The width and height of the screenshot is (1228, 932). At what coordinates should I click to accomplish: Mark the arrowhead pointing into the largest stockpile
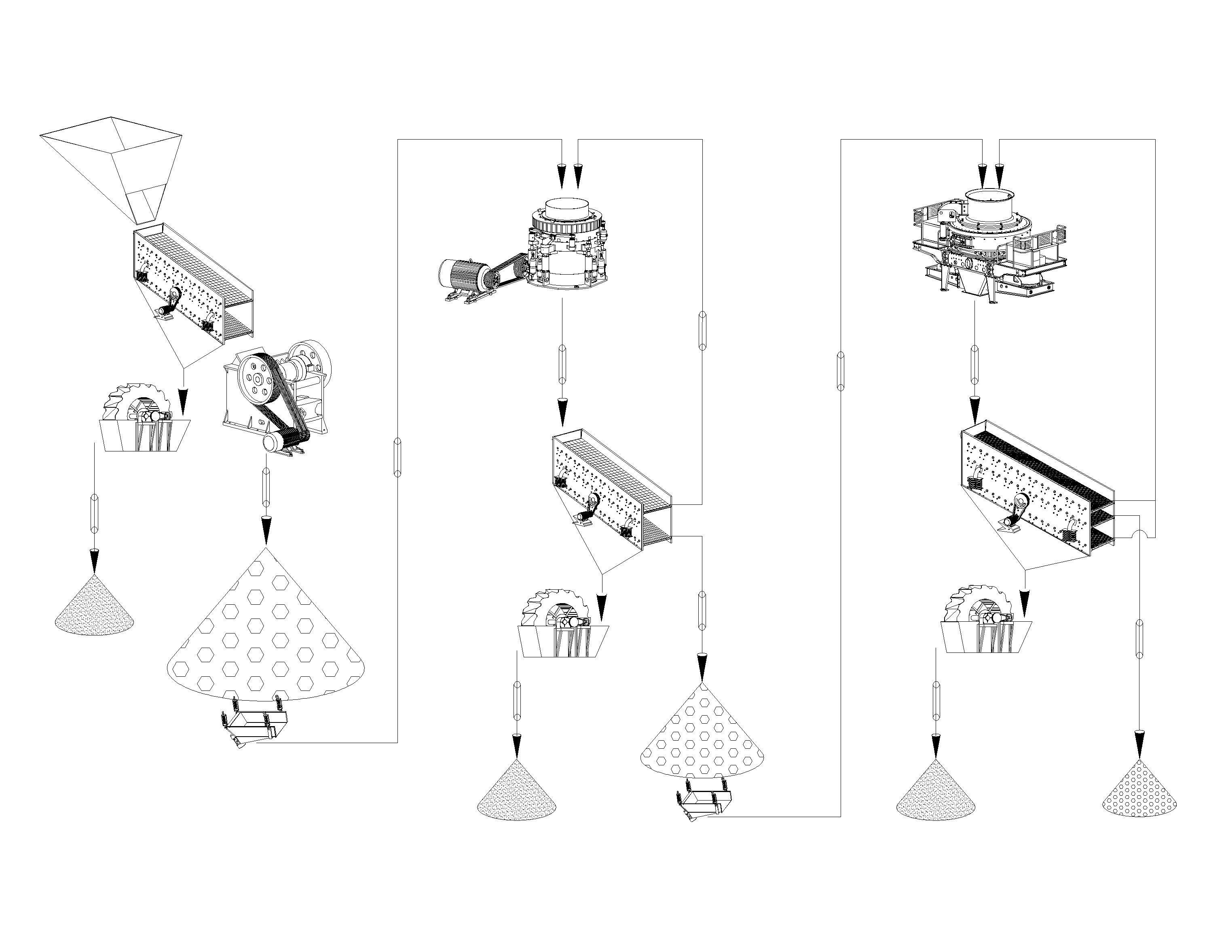(265, 530)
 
